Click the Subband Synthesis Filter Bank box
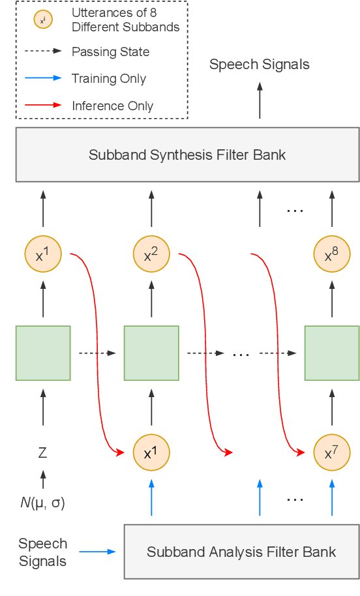pyautogui.click(x=187, y=155)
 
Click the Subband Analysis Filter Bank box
pyautogui.click(x=241, y=551)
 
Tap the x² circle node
pyautogui.click(x=151, y=254)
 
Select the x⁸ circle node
pyautogui.click(x=332, y=254)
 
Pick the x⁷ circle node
pyautogui.click(x=332, y=452)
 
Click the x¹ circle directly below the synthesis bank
pyautogui.click(x=43, y=254)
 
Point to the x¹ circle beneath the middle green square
pyautogui.click(x=151, y=452)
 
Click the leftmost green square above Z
pyautogui.click(x=43, y=353)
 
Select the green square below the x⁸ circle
pyautogui.click(x=332, y=353)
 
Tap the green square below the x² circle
pyautogui.click(x=151, y=353)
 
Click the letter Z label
pyautogui.click(x=43, y=453)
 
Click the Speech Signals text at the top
pyautogui.click(x=259, y=64)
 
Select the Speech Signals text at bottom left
pyautogui.click(x=42, y=552)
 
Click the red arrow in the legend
pyautogui.click(x=44, y=105)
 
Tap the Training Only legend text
pyautogui.click(x=109, y=79)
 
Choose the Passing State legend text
pyautogui.click(x=110, y=52)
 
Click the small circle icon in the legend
pyautogui.click(x=42, y=21)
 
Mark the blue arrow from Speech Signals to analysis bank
pyautogui.click(x=97, y=552)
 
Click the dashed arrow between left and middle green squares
pyautogui.click(x=97, y=353)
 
